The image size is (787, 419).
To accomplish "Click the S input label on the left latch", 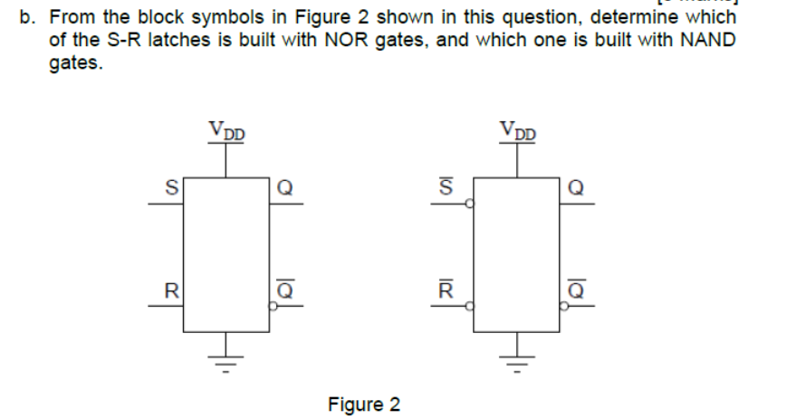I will tap(168, 189).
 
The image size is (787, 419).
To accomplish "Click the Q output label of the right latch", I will tap(576, 189).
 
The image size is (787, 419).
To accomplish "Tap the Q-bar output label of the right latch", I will tap(576, 290).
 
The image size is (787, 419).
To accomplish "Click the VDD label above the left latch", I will tap(226, 132).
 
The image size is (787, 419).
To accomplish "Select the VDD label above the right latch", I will tap(518, 132).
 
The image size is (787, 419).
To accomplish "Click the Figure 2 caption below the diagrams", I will tap(363, 404).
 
